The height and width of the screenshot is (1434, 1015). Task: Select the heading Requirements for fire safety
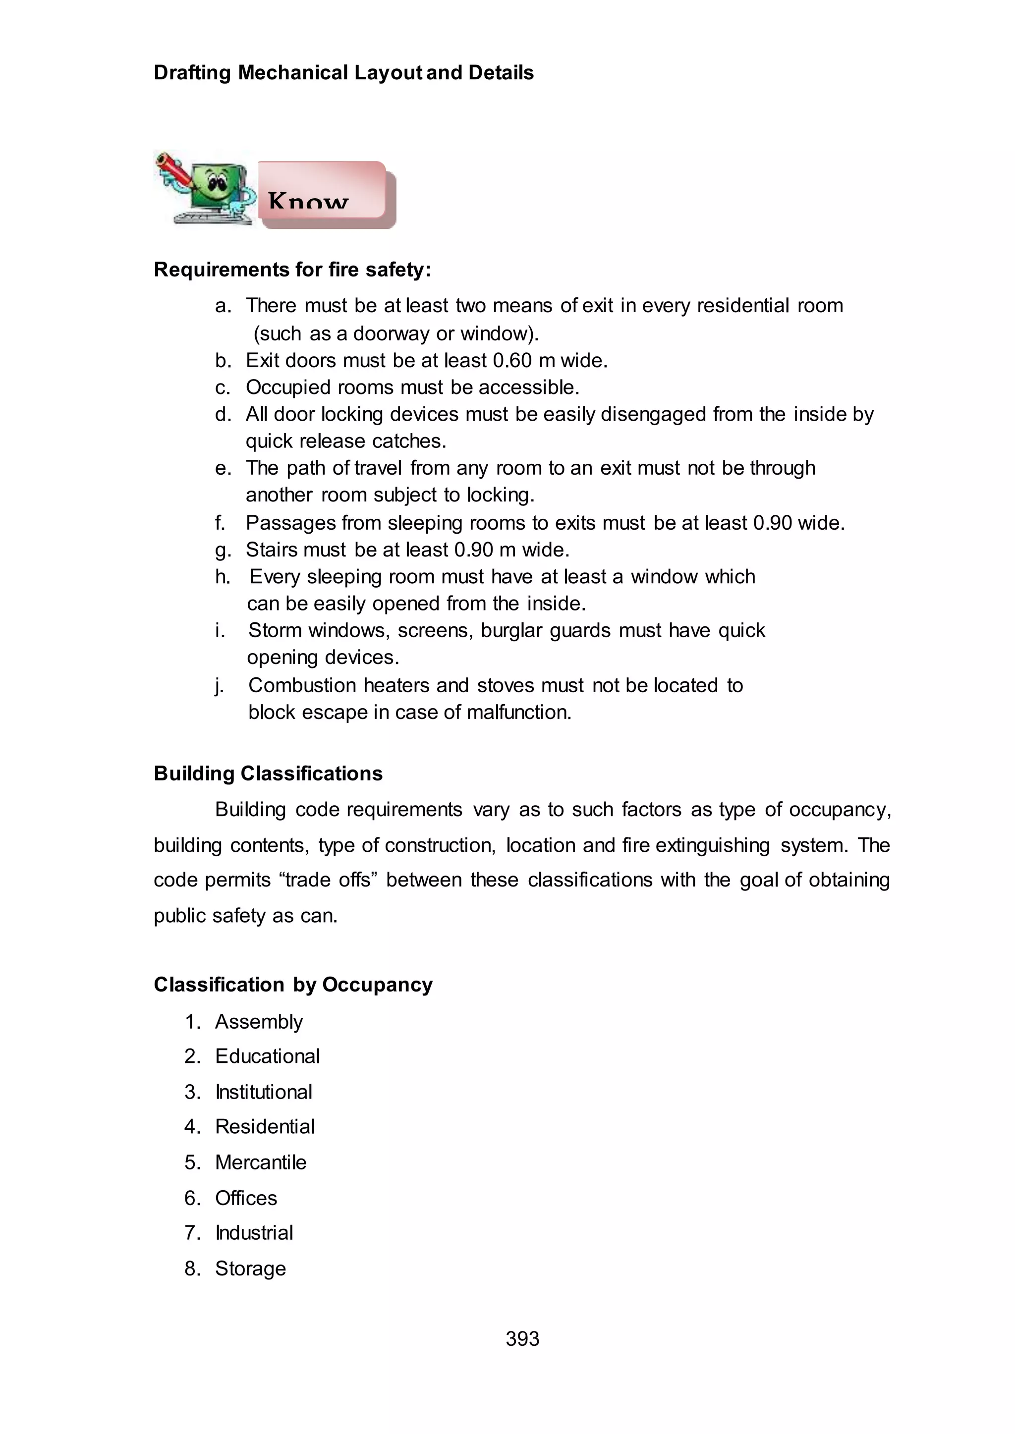292,270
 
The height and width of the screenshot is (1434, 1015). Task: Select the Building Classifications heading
268,773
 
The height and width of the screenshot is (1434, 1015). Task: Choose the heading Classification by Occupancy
293,985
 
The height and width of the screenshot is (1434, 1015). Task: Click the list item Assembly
259,1022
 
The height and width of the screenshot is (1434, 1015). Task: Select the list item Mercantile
261,1162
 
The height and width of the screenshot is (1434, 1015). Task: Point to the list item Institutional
263,1092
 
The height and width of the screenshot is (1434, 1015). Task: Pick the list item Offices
246,1198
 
